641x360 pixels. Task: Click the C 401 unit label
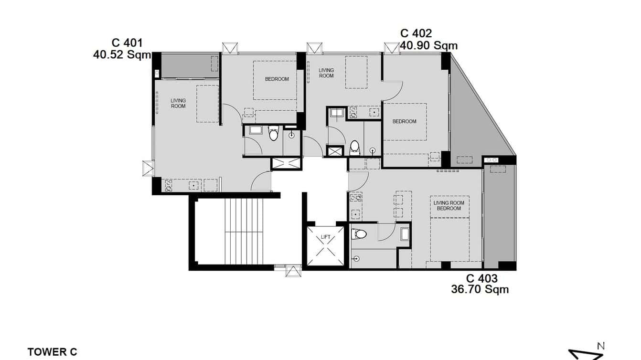point(127,43)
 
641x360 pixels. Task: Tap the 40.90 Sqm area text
point(428,46)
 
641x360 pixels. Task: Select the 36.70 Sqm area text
point(480,289)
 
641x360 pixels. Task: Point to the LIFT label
point(325,237)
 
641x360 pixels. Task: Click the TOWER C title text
point(52,352)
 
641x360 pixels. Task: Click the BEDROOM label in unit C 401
point(277,79)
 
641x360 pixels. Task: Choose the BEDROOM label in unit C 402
point(404,121)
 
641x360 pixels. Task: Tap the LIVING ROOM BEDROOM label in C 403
point(449,206)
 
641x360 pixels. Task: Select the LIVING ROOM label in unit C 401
point(178,103)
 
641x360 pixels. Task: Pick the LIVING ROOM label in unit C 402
point(326,73)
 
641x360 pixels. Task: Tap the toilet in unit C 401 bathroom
point(273,134)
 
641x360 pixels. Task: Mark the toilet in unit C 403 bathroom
point(359,234)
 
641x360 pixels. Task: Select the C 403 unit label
point(481,279)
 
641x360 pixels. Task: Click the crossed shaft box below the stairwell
point(293,272)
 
